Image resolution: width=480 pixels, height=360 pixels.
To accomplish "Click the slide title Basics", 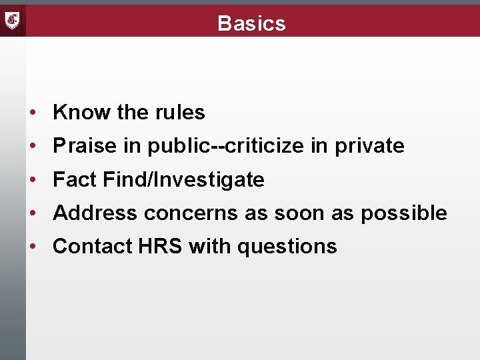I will [251, 23].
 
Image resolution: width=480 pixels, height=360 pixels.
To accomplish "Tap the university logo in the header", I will [13, 21].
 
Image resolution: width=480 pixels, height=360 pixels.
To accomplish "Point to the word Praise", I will [83, 146].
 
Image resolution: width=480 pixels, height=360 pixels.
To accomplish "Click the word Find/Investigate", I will [184, 179].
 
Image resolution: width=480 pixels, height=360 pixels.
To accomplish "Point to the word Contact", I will [92, 246].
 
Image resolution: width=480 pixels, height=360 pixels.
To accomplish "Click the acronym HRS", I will [160, 246].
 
